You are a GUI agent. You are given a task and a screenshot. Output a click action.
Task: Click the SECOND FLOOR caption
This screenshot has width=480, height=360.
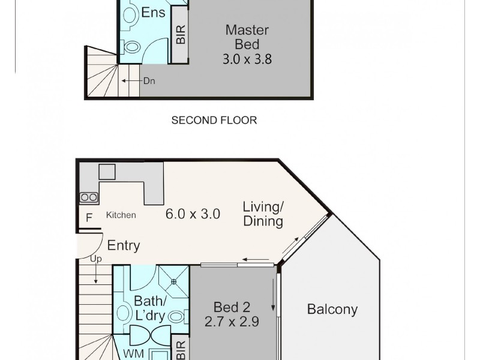[214, 120]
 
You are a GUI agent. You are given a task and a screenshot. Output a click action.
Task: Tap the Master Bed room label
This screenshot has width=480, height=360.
[247, 37]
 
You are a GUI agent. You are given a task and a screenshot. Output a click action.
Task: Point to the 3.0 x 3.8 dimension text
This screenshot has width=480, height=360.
[247, 59]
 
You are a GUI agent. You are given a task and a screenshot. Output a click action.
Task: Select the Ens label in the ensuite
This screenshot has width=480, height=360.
[153, 13]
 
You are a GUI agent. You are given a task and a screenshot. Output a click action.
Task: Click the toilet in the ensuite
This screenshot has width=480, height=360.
[132, 47]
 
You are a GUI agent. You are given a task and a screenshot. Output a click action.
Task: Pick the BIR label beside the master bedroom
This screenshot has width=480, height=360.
[181, 34]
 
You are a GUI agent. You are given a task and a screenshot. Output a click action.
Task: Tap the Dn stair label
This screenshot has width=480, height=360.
[149, 81]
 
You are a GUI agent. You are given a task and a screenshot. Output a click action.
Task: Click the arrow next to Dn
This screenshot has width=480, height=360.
[131, 81]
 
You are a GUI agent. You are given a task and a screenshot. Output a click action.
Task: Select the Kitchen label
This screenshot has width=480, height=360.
[121, 215]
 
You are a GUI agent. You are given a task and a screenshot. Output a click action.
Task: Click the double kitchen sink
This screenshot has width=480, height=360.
[89, 197]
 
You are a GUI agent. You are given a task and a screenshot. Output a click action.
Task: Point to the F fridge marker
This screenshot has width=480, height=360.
[89, 218]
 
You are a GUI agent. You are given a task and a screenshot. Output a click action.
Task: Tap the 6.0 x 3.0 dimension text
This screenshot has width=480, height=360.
[193, 214]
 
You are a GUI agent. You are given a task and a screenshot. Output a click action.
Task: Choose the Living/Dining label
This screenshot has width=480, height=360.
[263, 214]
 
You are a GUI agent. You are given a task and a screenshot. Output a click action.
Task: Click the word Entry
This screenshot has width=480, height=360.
[124, 245]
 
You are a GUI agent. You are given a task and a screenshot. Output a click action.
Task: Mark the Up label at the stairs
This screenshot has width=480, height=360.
[96, 259]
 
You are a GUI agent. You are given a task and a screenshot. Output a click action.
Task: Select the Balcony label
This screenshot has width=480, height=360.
[332, 309]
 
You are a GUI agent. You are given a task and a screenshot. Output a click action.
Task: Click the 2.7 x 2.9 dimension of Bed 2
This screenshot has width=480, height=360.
[232, 322]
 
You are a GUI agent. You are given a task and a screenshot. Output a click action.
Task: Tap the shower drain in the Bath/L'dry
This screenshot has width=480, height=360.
[173, 281]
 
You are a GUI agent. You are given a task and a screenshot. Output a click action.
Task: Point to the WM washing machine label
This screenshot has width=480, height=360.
[133, 354]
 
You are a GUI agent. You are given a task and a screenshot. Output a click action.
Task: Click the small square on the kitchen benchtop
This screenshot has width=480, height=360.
[107, 172]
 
